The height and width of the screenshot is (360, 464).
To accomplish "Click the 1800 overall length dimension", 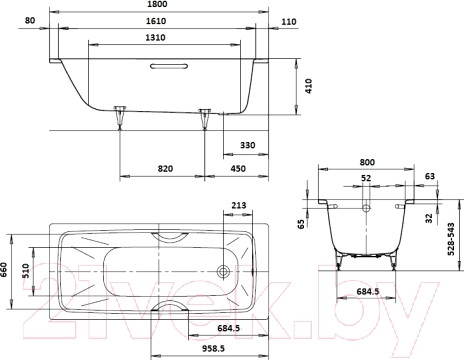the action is pos(156,4).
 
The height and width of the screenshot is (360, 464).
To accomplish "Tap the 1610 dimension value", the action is pos(156,21).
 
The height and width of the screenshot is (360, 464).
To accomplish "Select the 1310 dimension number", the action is pos(155,38).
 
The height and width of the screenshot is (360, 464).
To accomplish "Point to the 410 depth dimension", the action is pos(309,86).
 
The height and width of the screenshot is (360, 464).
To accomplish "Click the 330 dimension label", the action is pos(248,145).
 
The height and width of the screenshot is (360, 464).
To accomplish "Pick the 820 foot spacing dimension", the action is pos(165,169).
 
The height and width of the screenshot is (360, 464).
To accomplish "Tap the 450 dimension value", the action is pos(238,169).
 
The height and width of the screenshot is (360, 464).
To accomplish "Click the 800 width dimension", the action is pos(367,162).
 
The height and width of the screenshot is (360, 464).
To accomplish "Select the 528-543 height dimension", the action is pos(451,239).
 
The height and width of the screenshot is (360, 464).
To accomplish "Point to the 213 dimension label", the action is pos(238,205).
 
